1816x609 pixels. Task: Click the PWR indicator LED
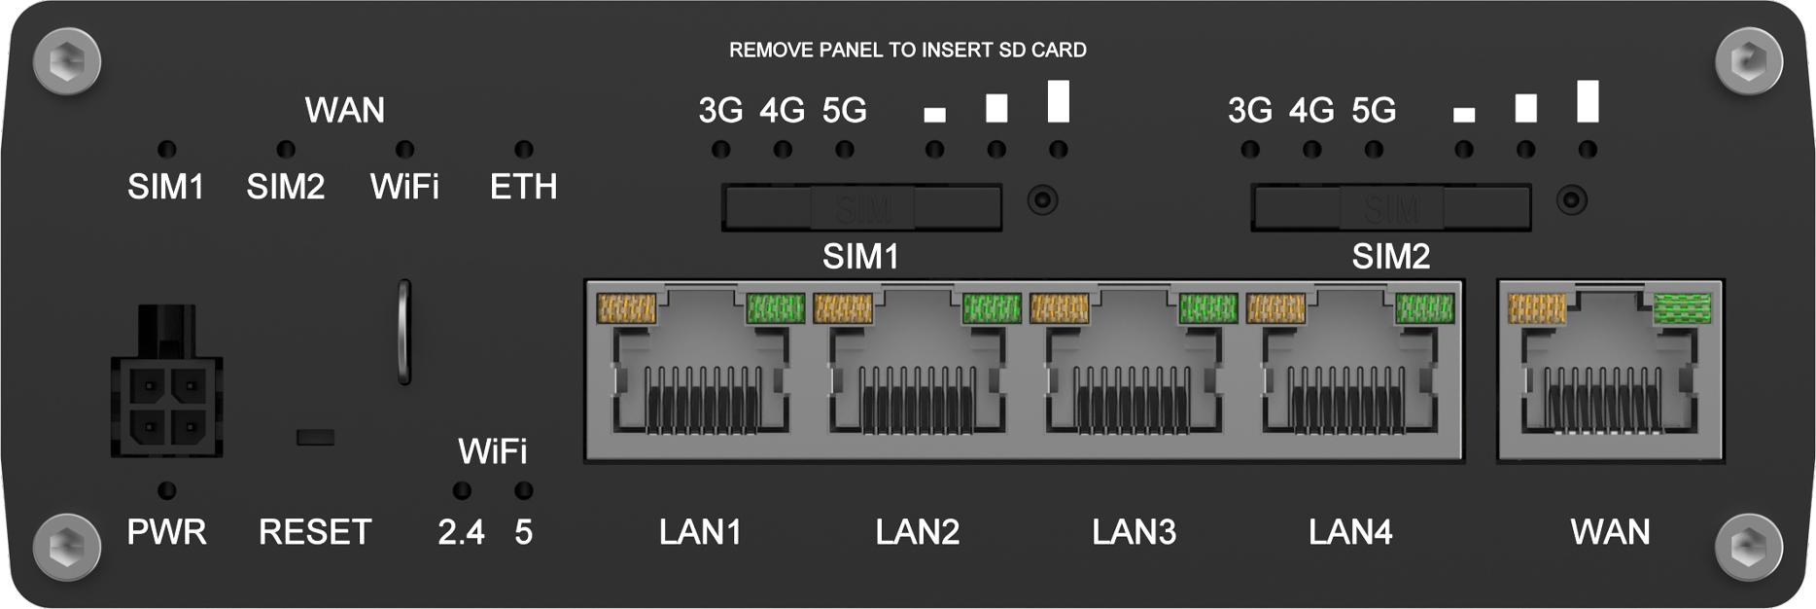[167, 490]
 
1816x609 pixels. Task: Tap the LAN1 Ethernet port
[700, 375]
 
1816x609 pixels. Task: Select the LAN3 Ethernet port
[1133, 375]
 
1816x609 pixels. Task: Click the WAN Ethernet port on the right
[1610, 375]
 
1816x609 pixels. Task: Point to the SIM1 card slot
[861, 207]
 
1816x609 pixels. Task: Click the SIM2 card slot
[1390, 207]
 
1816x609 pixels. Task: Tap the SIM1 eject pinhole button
[1043, 200]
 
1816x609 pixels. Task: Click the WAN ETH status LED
[524, 149]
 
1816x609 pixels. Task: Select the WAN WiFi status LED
[404, 149]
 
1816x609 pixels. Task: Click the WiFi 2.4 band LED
[462, 490]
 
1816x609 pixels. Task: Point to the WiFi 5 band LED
[524, 490]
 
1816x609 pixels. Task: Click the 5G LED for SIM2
[1374, 150]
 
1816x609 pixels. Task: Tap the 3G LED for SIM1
[720, 150]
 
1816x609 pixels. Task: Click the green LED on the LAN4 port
[1424, 308]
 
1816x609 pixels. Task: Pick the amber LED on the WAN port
[1537, 308]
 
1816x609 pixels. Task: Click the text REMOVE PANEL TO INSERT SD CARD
[907, 50]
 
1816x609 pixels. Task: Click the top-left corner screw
[66, 62]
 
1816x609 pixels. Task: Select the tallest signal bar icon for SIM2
[1588, 102]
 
